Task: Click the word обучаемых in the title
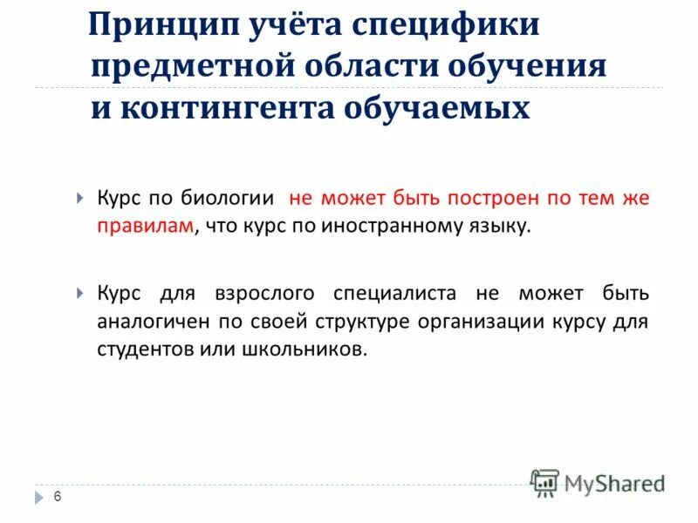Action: (x=441, y=108)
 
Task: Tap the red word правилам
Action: (x=146, y=228)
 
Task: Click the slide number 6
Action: (x=58, y=497)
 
